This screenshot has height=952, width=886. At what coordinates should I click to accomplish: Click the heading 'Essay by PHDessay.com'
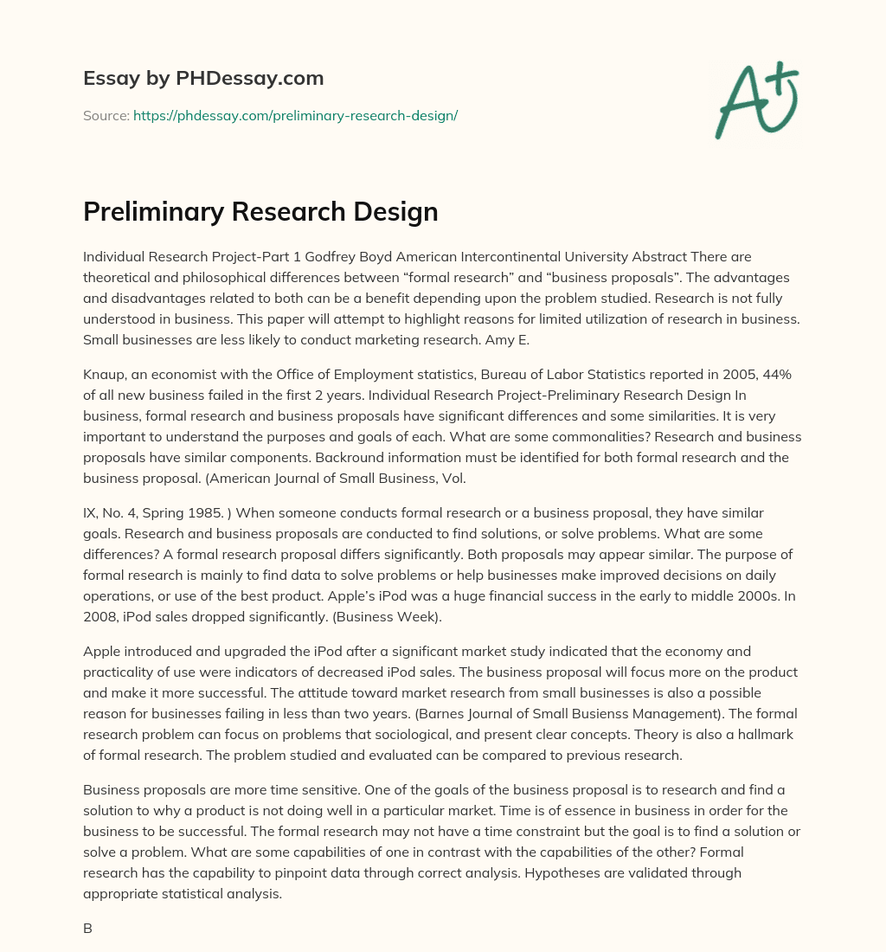[203, 79]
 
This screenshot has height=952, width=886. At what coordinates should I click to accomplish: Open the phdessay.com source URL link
[295, 115]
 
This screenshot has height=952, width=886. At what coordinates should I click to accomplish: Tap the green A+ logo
[756, 100]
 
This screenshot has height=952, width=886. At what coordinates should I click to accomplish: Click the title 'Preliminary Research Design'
[260, 212]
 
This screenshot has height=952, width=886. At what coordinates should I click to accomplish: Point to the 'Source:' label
[106, 115]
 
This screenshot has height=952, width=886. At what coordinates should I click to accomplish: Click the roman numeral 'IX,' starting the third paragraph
[93, 513]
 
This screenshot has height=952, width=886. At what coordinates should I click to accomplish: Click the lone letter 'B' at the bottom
[87, 928]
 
